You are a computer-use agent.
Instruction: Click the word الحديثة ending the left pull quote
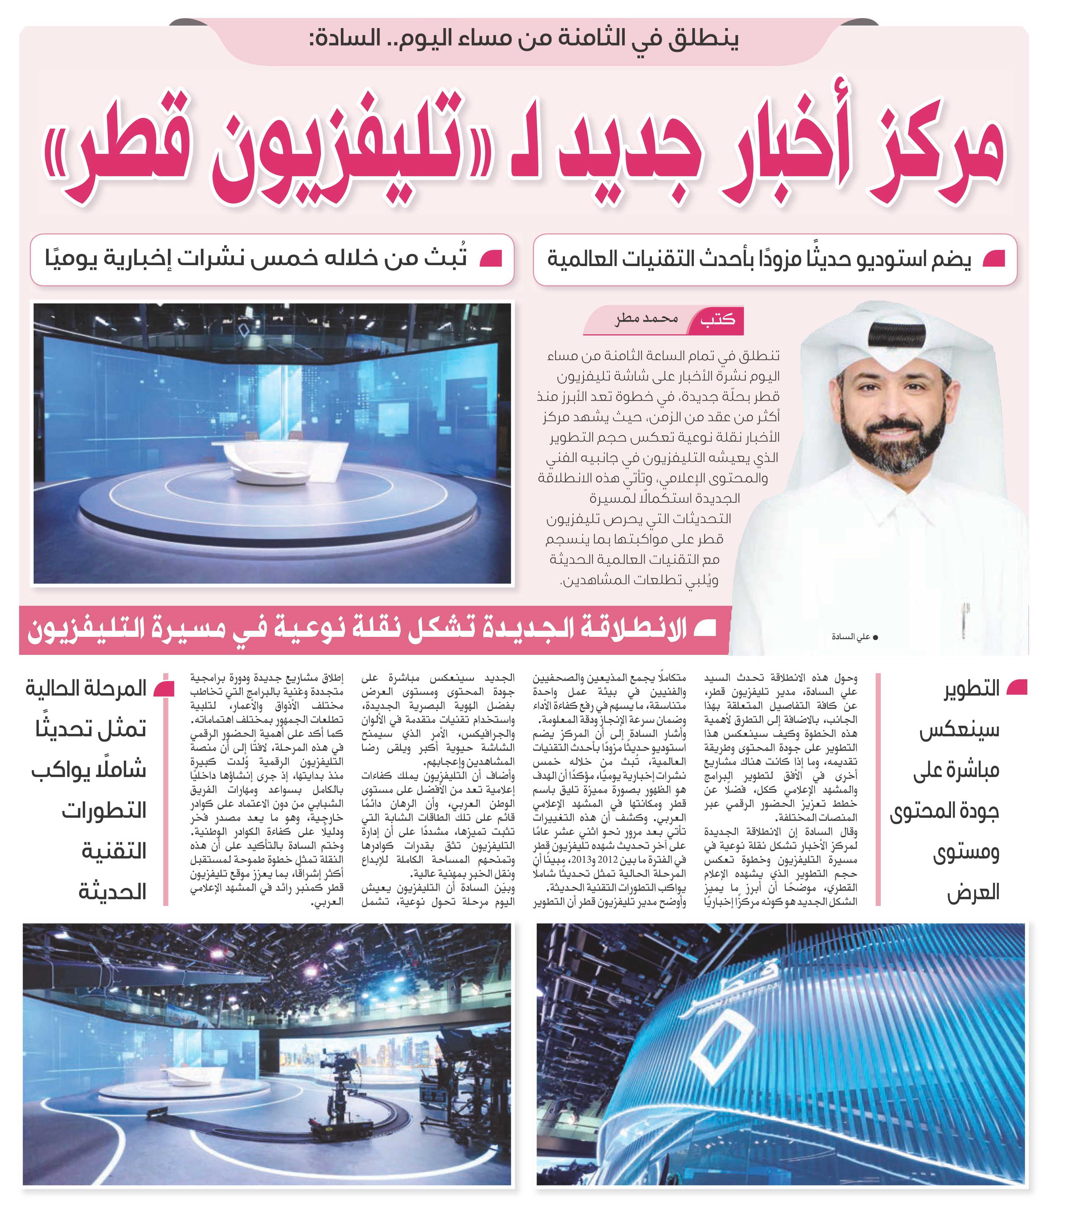pyautogui.click(x=113, y=892)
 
